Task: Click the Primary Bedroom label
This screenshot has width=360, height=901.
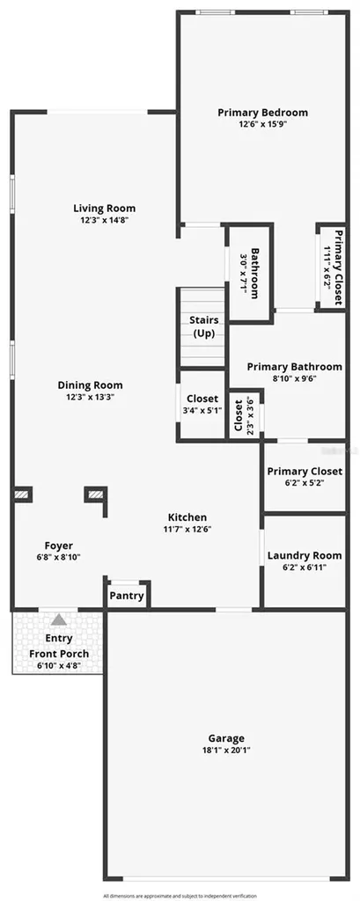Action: pos(262,113)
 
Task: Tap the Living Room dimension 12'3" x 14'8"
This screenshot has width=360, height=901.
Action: pos(104,221)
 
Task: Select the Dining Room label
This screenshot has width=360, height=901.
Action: pos(90,385)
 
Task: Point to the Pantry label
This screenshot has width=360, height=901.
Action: pos(127,596)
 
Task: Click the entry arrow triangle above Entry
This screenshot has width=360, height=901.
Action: pos(58,619)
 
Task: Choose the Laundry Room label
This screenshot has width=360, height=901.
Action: pos(304,555)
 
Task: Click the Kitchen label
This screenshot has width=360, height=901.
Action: pos(187,517)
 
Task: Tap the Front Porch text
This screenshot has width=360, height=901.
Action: pos(59,654)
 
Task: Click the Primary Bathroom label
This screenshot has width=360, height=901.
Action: pos(293,366)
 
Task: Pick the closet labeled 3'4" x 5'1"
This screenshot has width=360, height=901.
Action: pos(202,409)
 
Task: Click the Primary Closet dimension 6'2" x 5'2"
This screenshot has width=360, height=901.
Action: pos(304,483)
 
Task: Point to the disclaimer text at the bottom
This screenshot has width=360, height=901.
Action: pos(180,895)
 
